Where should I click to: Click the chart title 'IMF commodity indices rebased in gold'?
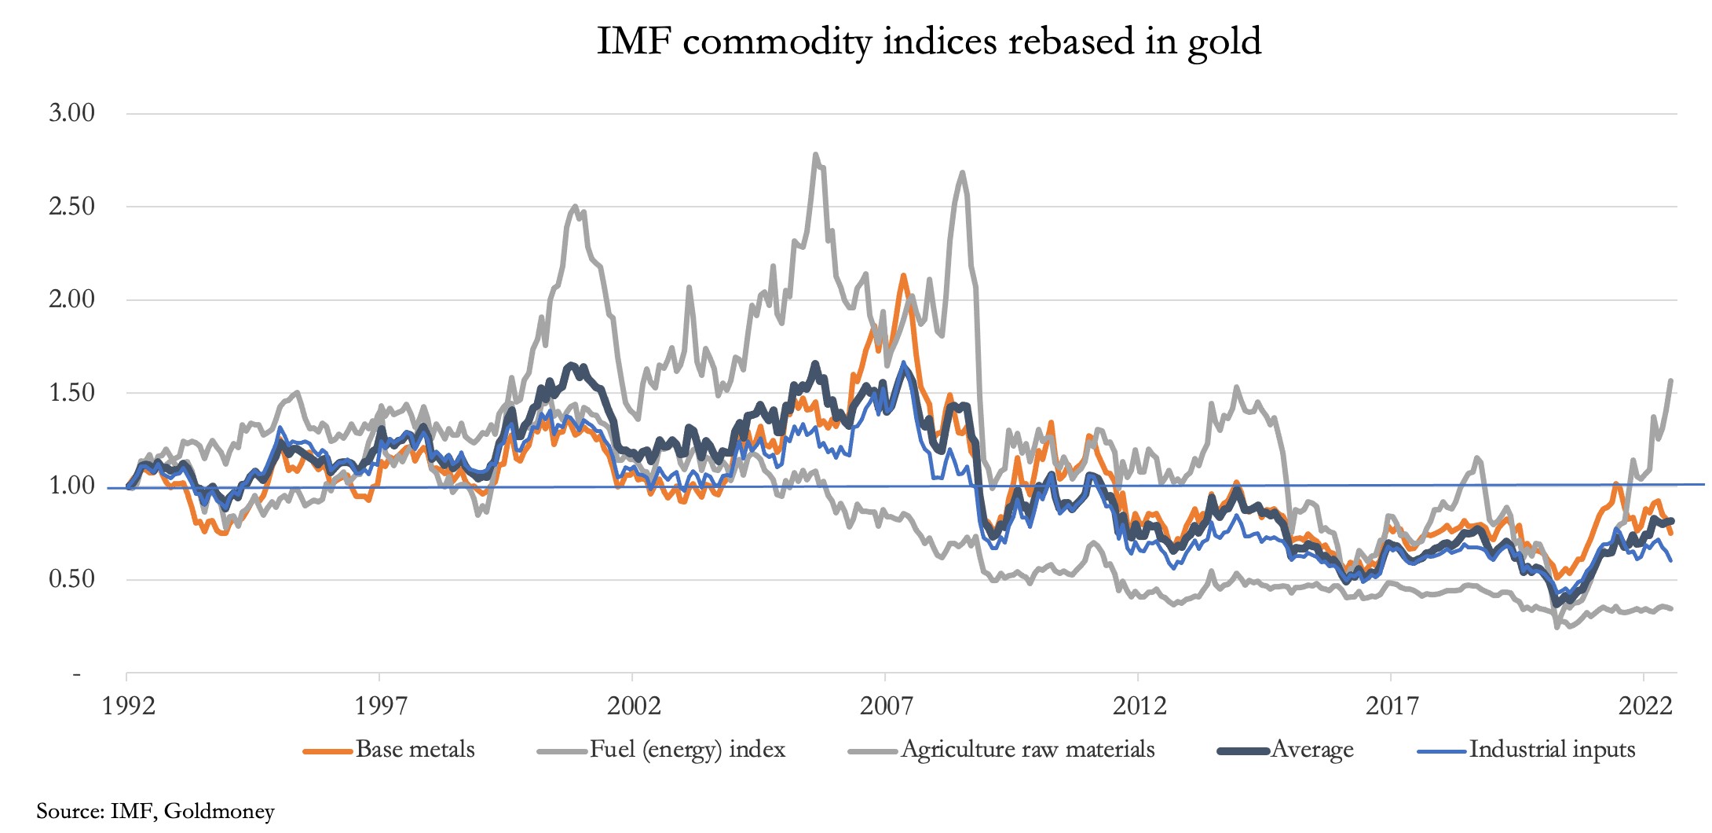point(929,41)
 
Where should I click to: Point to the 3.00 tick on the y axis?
point(71,113)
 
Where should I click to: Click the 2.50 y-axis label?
point(71,207)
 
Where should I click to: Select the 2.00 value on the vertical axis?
point(71,299)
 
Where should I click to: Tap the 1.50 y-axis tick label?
point(71,393)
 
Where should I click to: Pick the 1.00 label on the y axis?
point(71,486)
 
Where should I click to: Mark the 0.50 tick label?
point(71,579)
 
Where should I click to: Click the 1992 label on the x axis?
point(129,706)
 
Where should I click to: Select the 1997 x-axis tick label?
point(381,706)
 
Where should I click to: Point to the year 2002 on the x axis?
point(634,706)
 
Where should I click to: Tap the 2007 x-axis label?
point(887,706)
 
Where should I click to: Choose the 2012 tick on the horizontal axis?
point(1140,706)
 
